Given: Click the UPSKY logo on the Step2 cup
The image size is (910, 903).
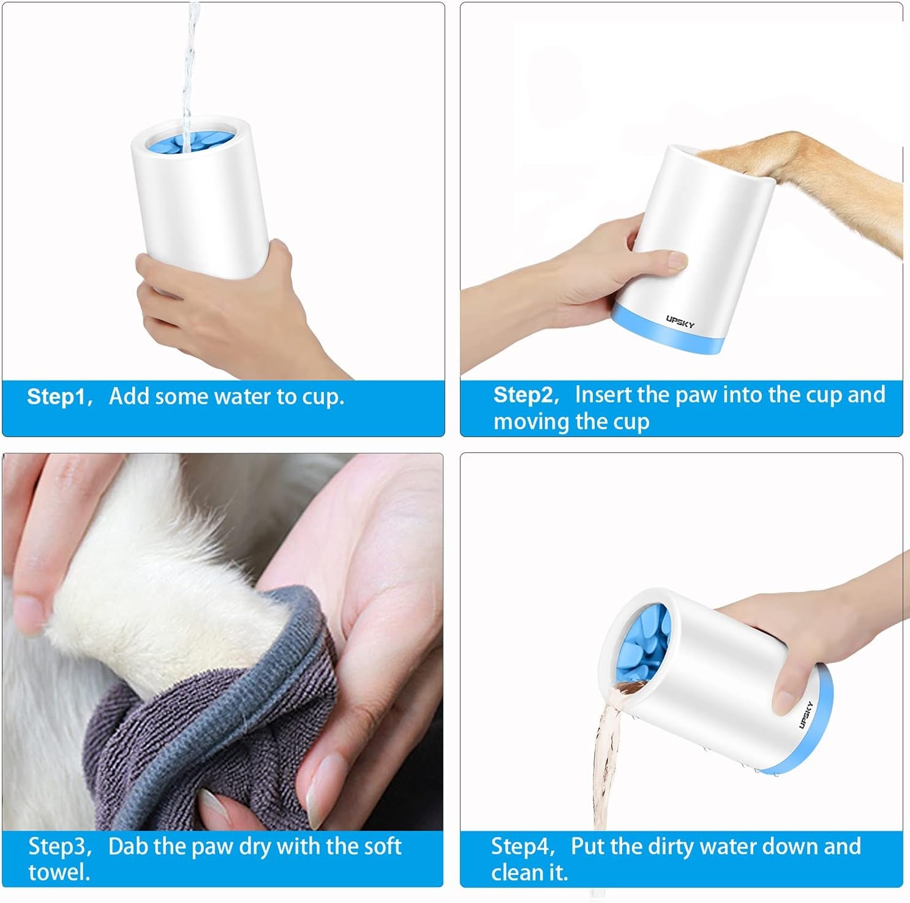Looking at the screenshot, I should (680, 321).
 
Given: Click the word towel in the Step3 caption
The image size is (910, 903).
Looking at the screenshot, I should (59, 872).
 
